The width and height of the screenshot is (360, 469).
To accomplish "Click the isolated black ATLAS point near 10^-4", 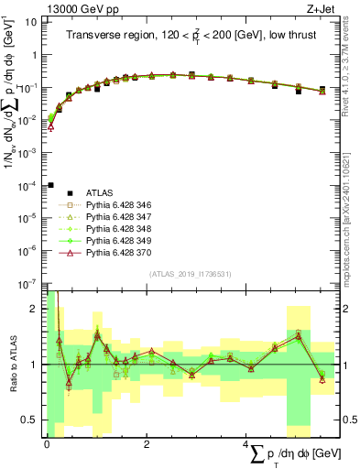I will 51,185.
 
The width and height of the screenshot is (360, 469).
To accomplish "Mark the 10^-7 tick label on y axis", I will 30,283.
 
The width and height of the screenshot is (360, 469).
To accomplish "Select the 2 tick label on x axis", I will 147,443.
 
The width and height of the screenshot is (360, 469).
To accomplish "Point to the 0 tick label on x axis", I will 47,443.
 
